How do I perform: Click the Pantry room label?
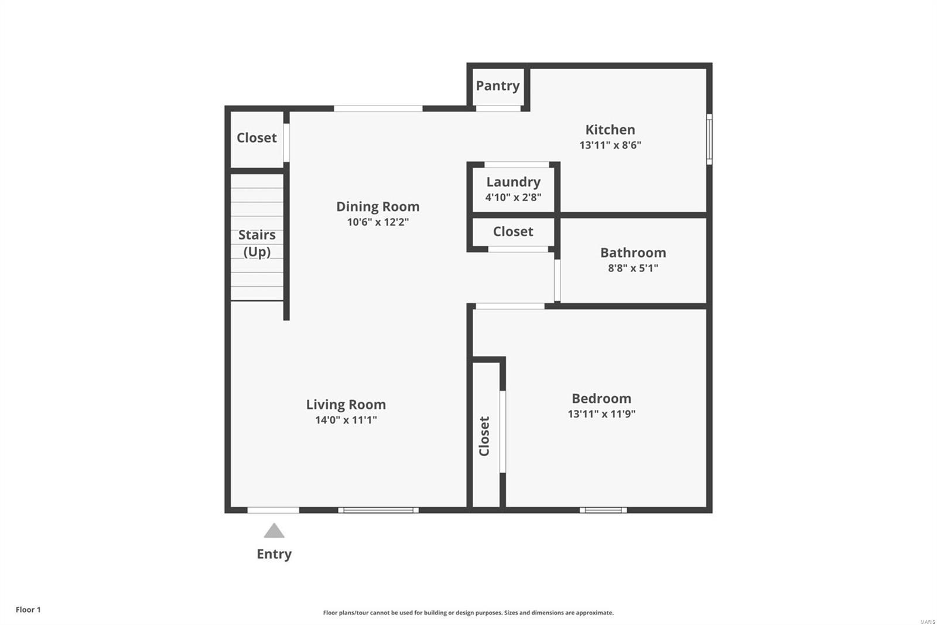coord(498,86)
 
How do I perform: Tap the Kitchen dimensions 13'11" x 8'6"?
coord(610,145)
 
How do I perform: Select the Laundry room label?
coord(513,182)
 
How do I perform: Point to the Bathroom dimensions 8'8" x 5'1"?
coord(633,268)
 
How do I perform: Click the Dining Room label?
coord(378,206)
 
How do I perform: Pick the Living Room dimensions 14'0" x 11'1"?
coord(346,420)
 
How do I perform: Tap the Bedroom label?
coord(601,398)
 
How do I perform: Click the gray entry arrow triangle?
coord(274,531)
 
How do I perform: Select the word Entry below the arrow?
coord(274,554)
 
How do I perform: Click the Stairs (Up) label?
coord(257,243)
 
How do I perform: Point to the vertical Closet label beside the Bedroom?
coord(484,436)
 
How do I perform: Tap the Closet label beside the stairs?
coord(257,138)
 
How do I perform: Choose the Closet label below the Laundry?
coord(513,232)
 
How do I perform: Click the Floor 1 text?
coord(28,610)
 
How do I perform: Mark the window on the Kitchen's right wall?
coord(709,139)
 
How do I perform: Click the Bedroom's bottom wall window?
coord(603,510)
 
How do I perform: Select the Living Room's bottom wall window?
coord(378,510)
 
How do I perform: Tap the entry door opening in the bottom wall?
coord(273,510)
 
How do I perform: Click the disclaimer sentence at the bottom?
coord(468,613)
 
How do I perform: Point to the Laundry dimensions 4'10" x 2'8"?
coord(513,198)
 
